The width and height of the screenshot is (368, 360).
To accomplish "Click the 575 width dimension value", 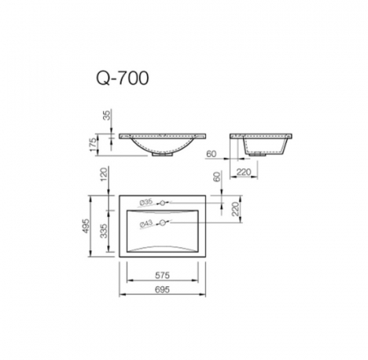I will point(164,275).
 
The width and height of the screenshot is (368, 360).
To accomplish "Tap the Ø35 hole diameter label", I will point(147,201).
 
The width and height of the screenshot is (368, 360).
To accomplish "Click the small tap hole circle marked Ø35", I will point(163,201).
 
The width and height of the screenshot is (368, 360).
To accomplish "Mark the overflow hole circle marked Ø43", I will point(164,222).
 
